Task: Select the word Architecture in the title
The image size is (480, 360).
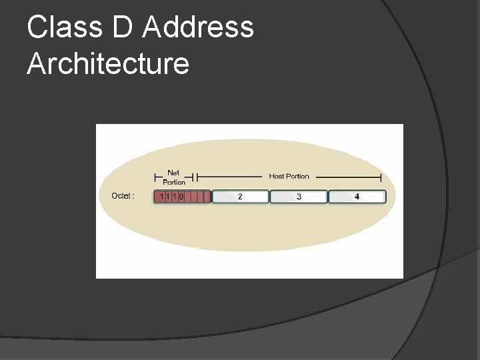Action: pyautogui.click(x=108, y=64)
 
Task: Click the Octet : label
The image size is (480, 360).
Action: pyautogui.click(x=123, y=196)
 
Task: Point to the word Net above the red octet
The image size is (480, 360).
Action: pyautogui.click(x=173, y=173)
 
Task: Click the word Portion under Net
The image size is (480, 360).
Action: pyautogui.click(x=174, y=182)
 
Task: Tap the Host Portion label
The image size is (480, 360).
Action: pyautogui.click(x=289, y=177)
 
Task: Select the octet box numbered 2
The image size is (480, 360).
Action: pyautogui.click(x=240, y=197)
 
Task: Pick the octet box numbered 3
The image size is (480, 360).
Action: pyautogui.click(x=298, y=197)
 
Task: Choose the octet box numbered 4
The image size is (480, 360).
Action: pyautogui.click(x=357, y=197)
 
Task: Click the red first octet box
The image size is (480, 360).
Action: pyautogui.click(x=182, y=197)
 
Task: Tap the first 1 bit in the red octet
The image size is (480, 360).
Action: pyautogui.click(x=161, y=197)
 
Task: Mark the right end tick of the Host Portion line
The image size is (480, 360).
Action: pyautogui.click(x=381, y=177)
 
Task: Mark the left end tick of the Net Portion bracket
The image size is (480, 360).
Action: pyautogui.click(x=155, y=178)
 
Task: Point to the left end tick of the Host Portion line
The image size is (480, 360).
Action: pyautogui.click(x=198, y=178)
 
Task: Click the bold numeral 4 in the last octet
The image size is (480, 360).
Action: pyautogui.click(x=357, y=197)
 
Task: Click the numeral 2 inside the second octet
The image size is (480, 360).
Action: pyautogui.click(x=240, y=197)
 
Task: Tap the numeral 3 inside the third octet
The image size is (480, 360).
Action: pyautogui.click(x=299, y=197)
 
